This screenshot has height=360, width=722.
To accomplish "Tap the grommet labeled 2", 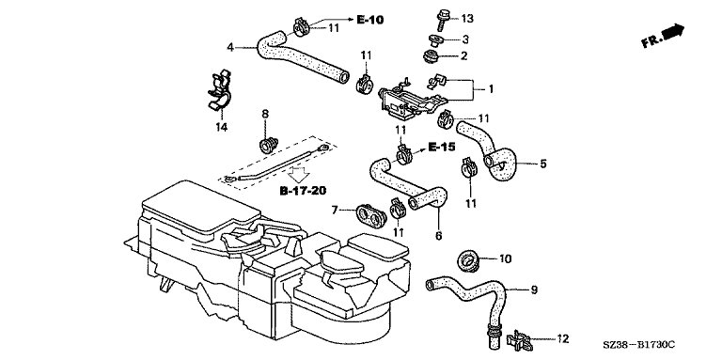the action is [432, 57].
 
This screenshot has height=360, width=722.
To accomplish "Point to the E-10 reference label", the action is [369, 20].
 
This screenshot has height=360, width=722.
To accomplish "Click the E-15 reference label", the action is [441, 147].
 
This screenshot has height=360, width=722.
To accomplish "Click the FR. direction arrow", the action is [664, 36].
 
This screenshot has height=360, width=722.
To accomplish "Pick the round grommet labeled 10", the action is [469, 260].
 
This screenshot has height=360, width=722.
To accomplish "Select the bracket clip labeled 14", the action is [219, 90].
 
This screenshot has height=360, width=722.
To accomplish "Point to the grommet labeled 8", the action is [269, 144].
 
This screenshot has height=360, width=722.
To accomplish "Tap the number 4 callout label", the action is [230, 46].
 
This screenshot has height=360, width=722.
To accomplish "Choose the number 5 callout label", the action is [543, 164].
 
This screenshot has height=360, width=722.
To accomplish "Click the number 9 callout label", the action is [534, 290].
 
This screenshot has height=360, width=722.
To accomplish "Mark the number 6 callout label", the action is [438, 236].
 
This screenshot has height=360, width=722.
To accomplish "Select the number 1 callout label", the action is [491, 89].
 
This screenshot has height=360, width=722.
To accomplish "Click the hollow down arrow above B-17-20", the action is [297, 175].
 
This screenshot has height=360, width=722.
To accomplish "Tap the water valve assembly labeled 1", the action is [407, 99].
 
